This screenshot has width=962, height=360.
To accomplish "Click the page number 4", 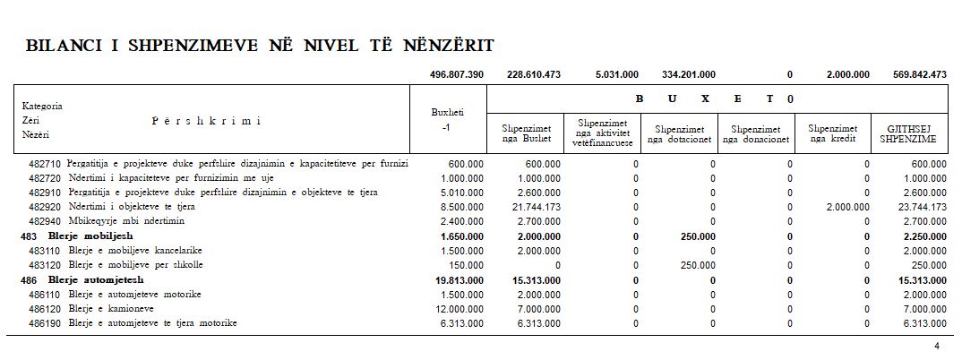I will pyautogui.click(x=936, y=347).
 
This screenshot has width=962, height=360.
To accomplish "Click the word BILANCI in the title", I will pyautogui.click(x=64, y=46).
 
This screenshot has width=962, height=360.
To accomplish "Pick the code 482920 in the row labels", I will pyautogui.click(x=45, y=206).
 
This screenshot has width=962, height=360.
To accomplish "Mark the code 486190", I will pyautogui.click(x=45, y=323).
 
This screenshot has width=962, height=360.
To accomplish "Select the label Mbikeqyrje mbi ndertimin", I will pyautogui.click(x=125, y=220).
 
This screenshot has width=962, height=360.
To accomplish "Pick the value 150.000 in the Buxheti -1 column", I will pyautogui.click(x=466, y=265).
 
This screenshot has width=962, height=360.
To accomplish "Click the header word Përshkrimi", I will pyautogui.click(x=205, y=120).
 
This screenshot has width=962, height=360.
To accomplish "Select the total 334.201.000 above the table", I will pyautogui.click(x=688, y=74).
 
